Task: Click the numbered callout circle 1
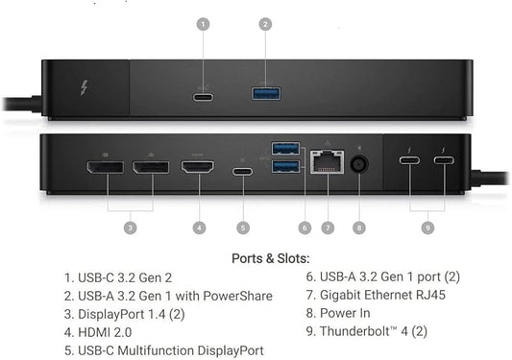pyautogui.click(x=203, y=23)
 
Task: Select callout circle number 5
pyautogui.click(x=243, y=228)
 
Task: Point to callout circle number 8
pyautogui.click(x=359, y=228)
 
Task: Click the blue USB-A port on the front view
pyautogui.click(x=265, y=93)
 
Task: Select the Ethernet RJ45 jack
pyautogui.click(x=326, y=165)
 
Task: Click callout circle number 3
pyautogui.click(x=131, y=228)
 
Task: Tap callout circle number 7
pyautogui.click(x=327, y=228)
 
